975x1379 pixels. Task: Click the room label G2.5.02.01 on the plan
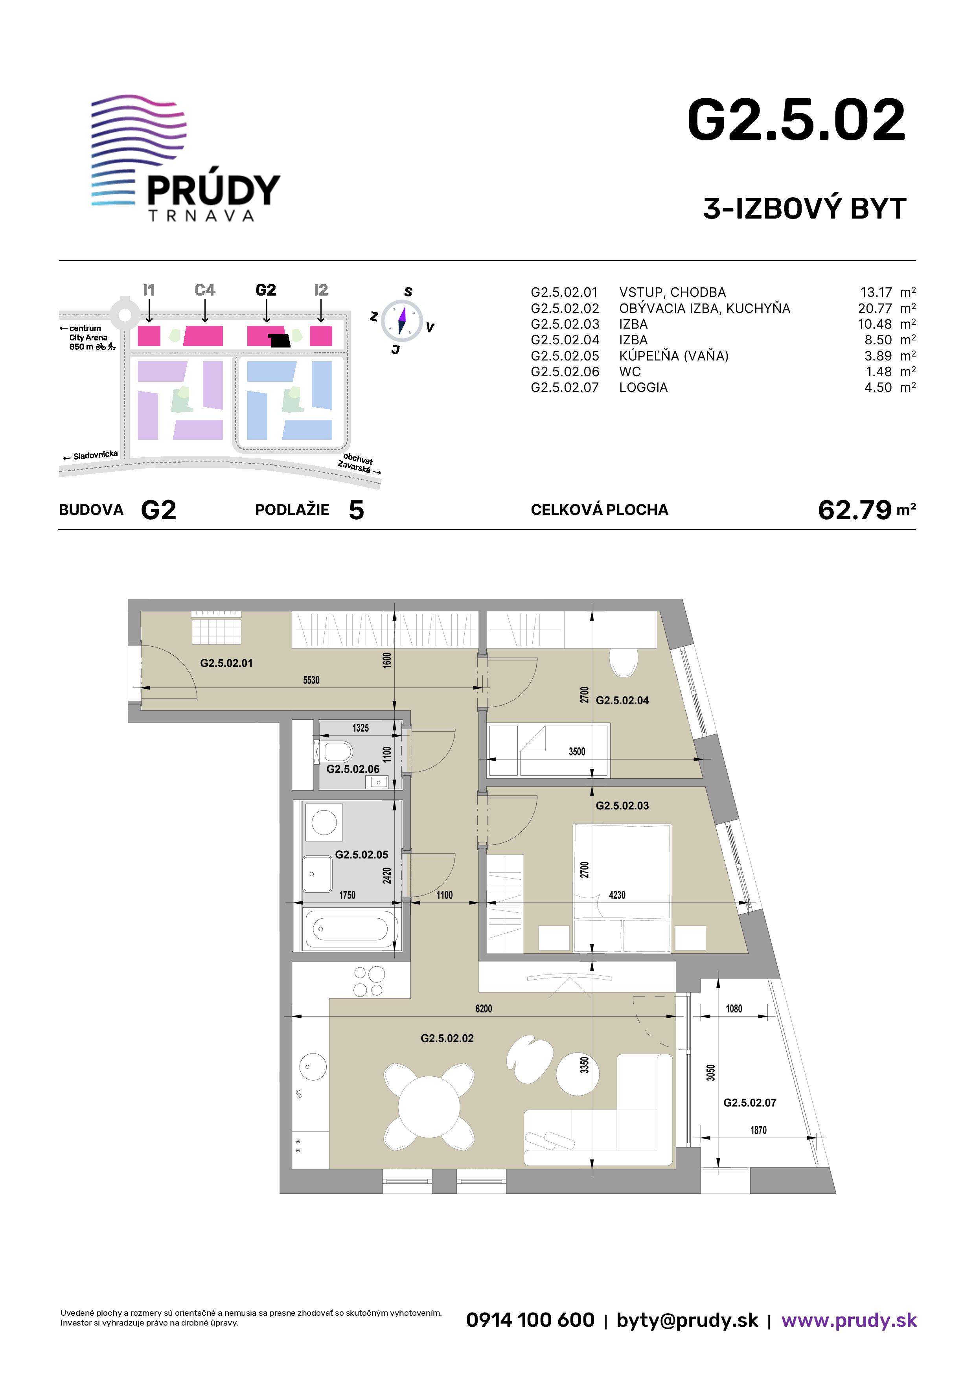click(x=226, y=663)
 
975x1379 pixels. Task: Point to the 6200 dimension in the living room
click(x=484, y=1008)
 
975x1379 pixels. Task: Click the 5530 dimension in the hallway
click(x=311, y=680)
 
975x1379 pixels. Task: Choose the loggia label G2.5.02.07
click(x=750, y=1103)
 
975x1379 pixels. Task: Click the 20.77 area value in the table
click(x=875, y=308)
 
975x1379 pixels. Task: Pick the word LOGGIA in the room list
click(x=644, y=387)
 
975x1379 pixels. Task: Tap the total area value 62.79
click(x=854, y=510)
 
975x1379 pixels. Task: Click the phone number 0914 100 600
click(x=530, y=1320)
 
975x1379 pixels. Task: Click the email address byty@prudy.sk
click(x=687, y=1320)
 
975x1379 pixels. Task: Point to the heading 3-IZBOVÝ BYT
click(x=804, y=208)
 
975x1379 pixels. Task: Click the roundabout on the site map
click(x=124, y=313)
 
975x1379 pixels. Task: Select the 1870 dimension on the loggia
click(x=758, y=1130)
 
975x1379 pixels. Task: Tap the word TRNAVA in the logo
click(x=201, y=216)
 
